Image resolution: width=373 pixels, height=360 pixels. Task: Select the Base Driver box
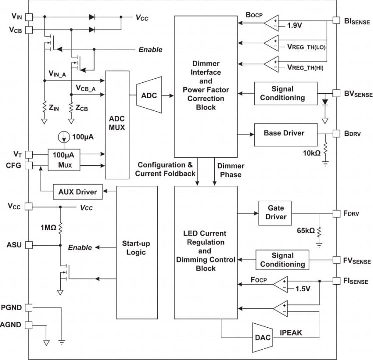point(285,133)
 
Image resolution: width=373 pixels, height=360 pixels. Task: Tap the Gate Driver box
point(276,212)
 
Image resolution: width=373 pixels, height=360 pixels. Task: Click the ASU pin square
point(28,245)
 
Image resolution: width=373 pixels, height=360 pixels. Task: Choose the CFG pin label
point(13,166)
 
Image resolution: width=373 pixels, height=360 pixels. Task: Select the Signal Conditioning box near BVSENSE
point(282,93)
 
